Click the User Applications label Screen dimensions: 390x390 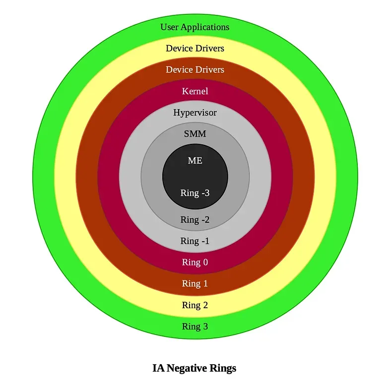pos(195,27)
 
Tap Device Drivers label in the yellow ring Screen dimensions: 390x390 pos(195,48)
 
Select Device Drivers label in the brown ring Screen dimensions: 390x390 pos(195,69)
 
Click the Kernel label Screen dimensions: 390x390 pos(195,91)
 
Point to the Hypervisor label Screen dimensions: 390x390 pos(195,113)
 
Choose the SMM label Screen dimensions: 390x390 pos(195,134)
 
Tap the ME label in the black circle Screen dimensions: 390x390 pos(195,160)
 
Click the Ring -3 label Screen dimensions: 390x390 pos(195,193)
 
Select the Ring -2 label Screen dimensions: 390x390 pos(195,220)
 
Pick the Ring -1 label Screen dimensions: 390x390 pos(195,241)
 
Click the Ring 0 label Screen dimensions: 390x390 pos(195,262)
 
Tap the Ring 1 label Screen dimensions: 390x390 pos(195,284)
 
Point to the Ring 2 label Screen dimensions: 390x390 pos(195,305)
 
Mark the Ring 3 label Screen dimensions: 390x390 pos(195,326)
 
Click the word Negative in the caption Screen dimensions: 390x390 pos(187,368)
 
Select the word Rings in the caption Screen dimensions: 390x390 pos(223,369)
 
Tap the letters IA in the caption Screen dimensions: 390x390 pos(158,368)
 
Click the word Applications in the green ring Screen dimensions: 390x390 pos(205,27)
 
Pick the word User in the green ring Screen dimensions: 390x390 pos(169,27)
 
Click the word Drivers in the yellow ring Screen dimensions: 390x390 pos(210,48)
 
